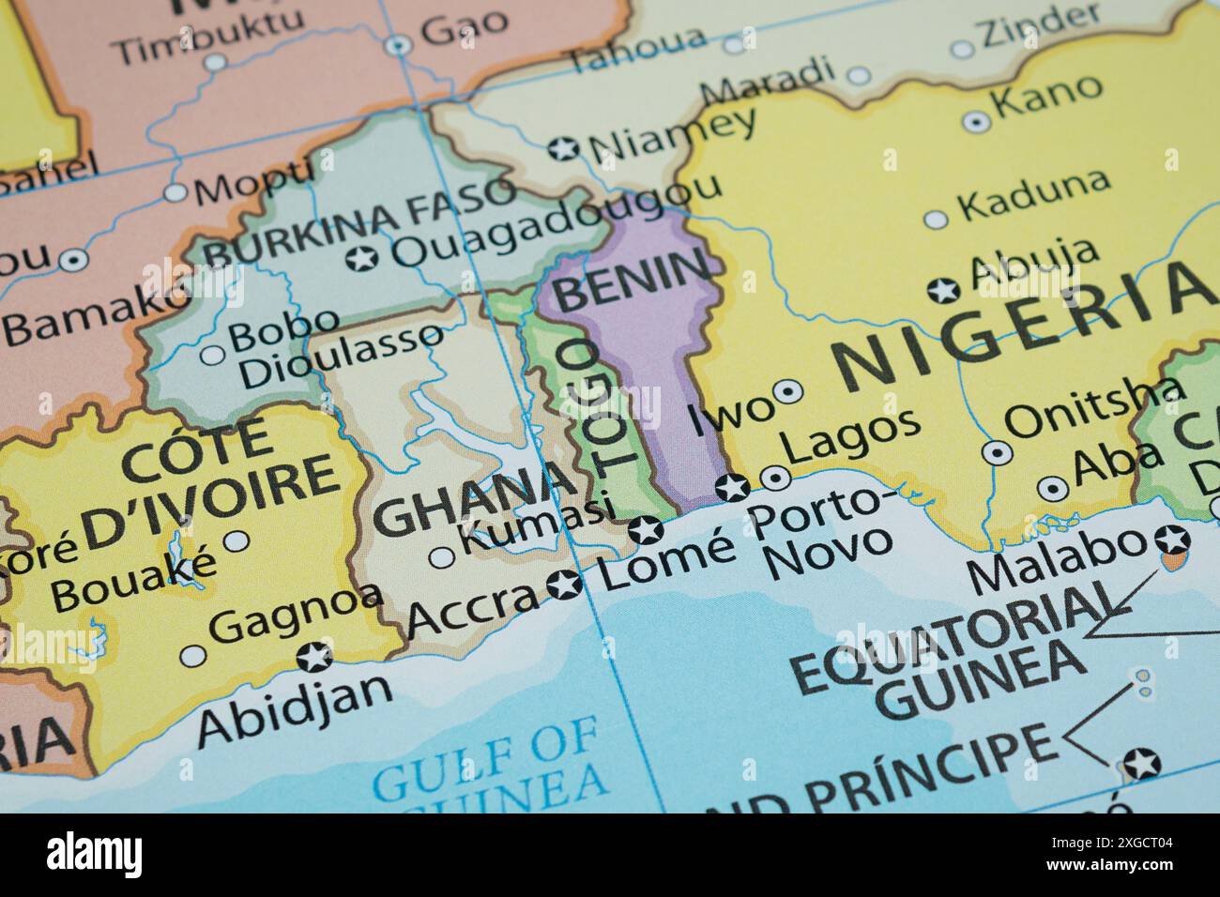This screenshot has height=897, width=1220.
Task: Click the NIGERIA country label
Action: pyautogui.click(x=1018, y=328)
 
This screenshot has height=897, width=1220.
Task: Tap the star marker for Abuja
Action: pyautogui.click(x=942, y=289)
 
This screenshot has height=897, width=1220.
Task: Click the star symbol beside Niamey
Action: pyautogui.click(x=563, y=148)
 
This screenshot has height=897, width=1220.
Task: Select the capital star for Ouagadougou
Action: pyautogui.click(x=360, y=258)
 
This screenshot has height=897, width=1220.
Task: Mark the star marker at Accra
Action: pyautogui.click(x=563, y=585)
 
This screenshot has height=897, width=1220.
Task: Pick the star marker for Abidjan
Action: pyautogui.click(x=313, y=657)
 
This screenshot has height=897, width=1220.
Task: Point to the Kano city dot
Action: pyautogui.click(x=977, y=121)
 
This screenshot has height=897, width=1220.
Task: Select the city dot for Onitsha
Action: pyautogui.click(x=997, y=452)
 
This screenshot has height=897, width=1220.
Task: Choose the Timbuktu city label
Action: pyautogui.click(x=208, y=36)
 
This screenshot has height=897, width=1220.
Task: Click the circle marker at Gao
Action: pyautogui.click(x=399, y=44)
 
